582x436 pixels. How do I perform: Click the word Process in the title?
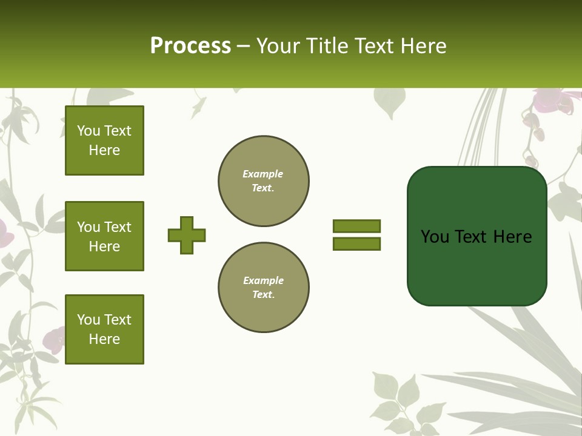coord(190,45)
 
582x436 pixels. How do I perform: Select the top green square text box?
coord(104,140)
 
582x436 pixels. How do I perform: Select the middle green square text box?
coord(104,236)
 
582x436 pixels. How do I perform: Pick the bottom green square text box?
coord(104,329)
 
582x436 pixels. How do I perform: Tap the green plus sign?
coord(187,235)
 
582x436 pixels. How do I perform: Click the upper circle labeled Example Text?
coord(264,181)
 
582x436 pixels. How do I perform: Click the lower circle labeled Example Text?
coord(264,288)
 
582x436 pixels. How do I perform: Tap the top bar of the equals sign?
coord(356,226)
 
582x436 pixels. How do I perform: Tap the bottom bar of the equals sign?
coord(356,243)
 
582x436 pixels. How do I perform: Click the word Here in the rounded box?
coord(512,237)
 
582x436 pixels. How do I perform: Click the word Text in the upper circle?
coord(263,188)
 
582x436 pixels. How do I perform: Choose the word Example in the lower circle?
coord(263,280)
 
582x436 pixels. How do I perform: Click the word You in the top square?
coord(89,131)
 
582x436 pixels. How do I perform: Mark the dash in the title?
coord(244,45)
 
